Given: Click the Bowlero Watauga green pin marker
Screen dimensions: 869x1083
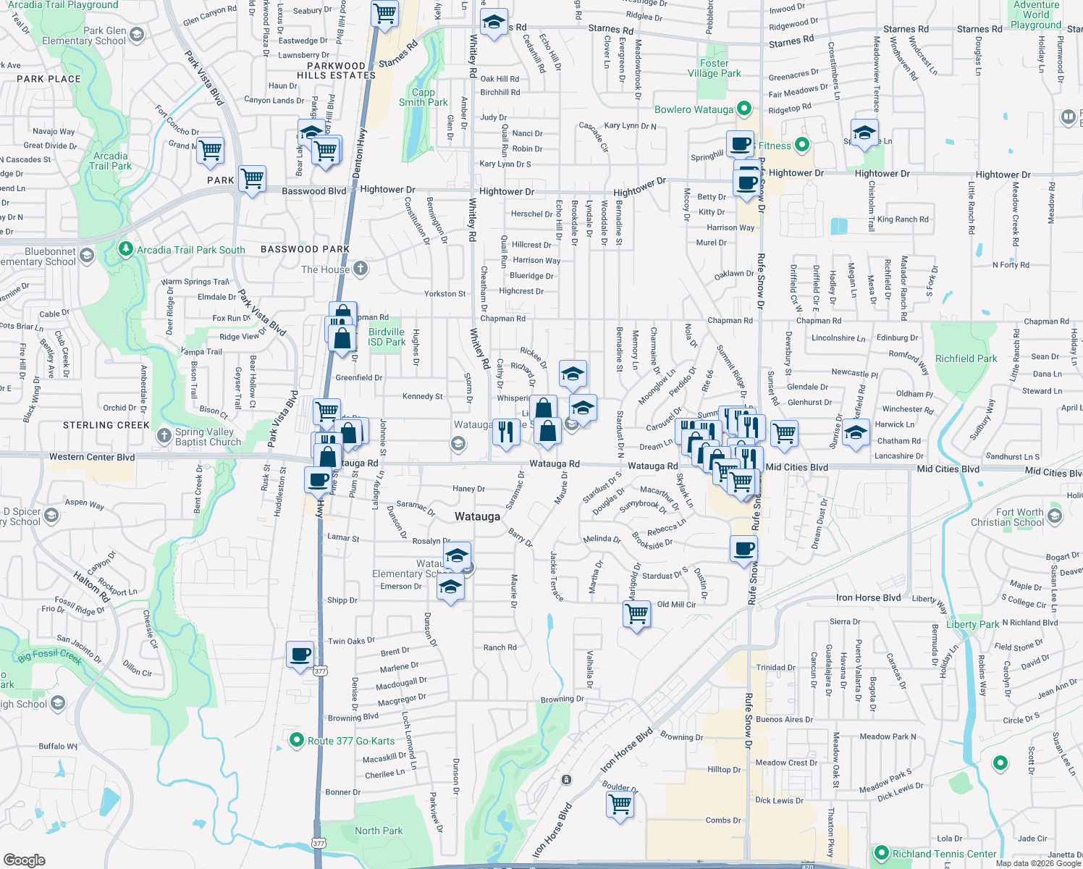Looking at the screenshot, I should tap(743, 109).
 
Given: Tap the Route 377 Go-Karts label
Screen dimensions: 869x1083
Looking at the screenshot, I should tap(351, 741).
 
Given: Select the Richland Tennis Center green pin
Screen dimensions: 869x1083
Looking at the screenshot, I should tap(881, 854).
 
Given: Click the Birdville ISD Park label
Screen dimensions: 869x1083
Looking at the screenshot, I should tap(387, 337).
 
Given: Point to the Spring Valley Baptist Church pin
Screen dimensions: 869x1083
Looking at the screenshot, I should tap(164, 436).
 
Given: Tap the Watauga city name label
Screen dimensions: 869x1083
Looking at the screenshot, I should tap(477, 516).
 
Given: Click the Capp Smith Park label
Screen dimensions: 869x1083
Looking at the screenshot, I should tap(423, 97).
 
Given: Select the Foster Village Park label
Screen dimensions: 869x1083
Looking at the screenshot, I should tap(714, 68).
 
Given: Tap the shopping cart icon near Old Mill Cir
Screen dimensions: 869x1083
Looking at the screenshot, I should tap(637, 614).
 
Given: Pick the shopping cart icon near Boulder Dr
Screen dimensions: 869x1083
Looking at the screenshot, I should tap(620, 804).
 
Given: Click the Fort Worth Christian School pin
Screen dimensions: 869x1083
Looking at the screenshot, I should tap(1054, 516).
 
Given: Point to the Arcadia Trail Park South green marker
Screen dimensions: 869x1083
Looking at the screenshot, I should tap(126, 250).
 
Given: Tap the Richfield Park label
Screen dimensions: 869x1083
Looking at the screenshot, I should tap(966, 358).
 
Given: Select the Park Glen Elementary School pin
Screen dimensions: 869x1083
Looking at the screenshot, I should tap(136, 35).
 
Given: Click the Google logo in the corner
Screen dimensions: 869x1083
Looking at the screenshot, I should tap(25, 860).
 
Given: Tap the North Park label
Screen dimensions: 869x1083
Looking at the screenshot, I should tap(379, 831).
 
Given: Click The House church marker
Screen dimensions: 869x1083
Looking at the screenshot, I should tap(361, 269).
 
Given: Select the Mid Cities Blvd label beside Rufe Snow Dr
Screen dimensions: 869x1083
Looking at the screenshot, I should tap(796, 467).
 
